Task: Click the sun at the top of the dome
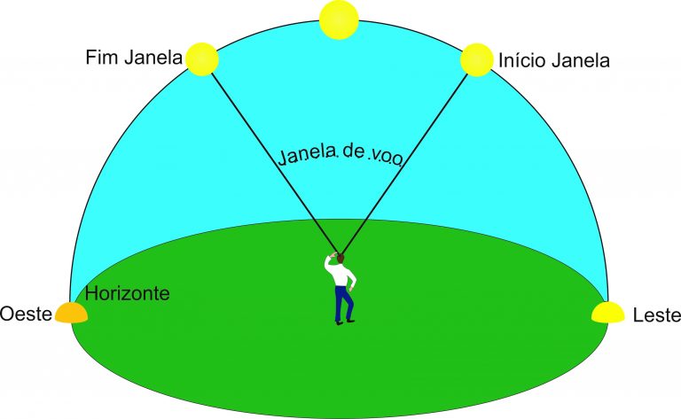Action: [339, 19]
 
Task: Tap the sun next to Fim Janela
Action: [202, 59]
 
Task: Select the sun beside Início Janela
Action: [477, 60]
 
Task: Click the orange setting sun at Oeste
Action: [71, 313]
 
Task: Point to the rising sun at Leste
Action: [608, 313]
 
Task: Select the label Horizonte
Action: [128, 293]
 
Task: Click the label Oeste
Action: [26, 314]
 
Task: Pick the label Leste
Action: [657, 315]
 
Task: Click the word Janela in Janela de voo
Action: [308, 155]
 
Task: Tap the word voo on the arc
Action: [386, 159]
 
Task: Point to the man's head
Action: [340, 258]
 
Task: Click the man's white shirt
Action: [340, 273]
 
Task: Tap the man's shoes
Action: [345, 322]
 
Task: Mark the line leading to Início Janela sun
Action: [404, 164]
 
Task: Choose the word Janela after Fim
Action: [153, 58]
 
